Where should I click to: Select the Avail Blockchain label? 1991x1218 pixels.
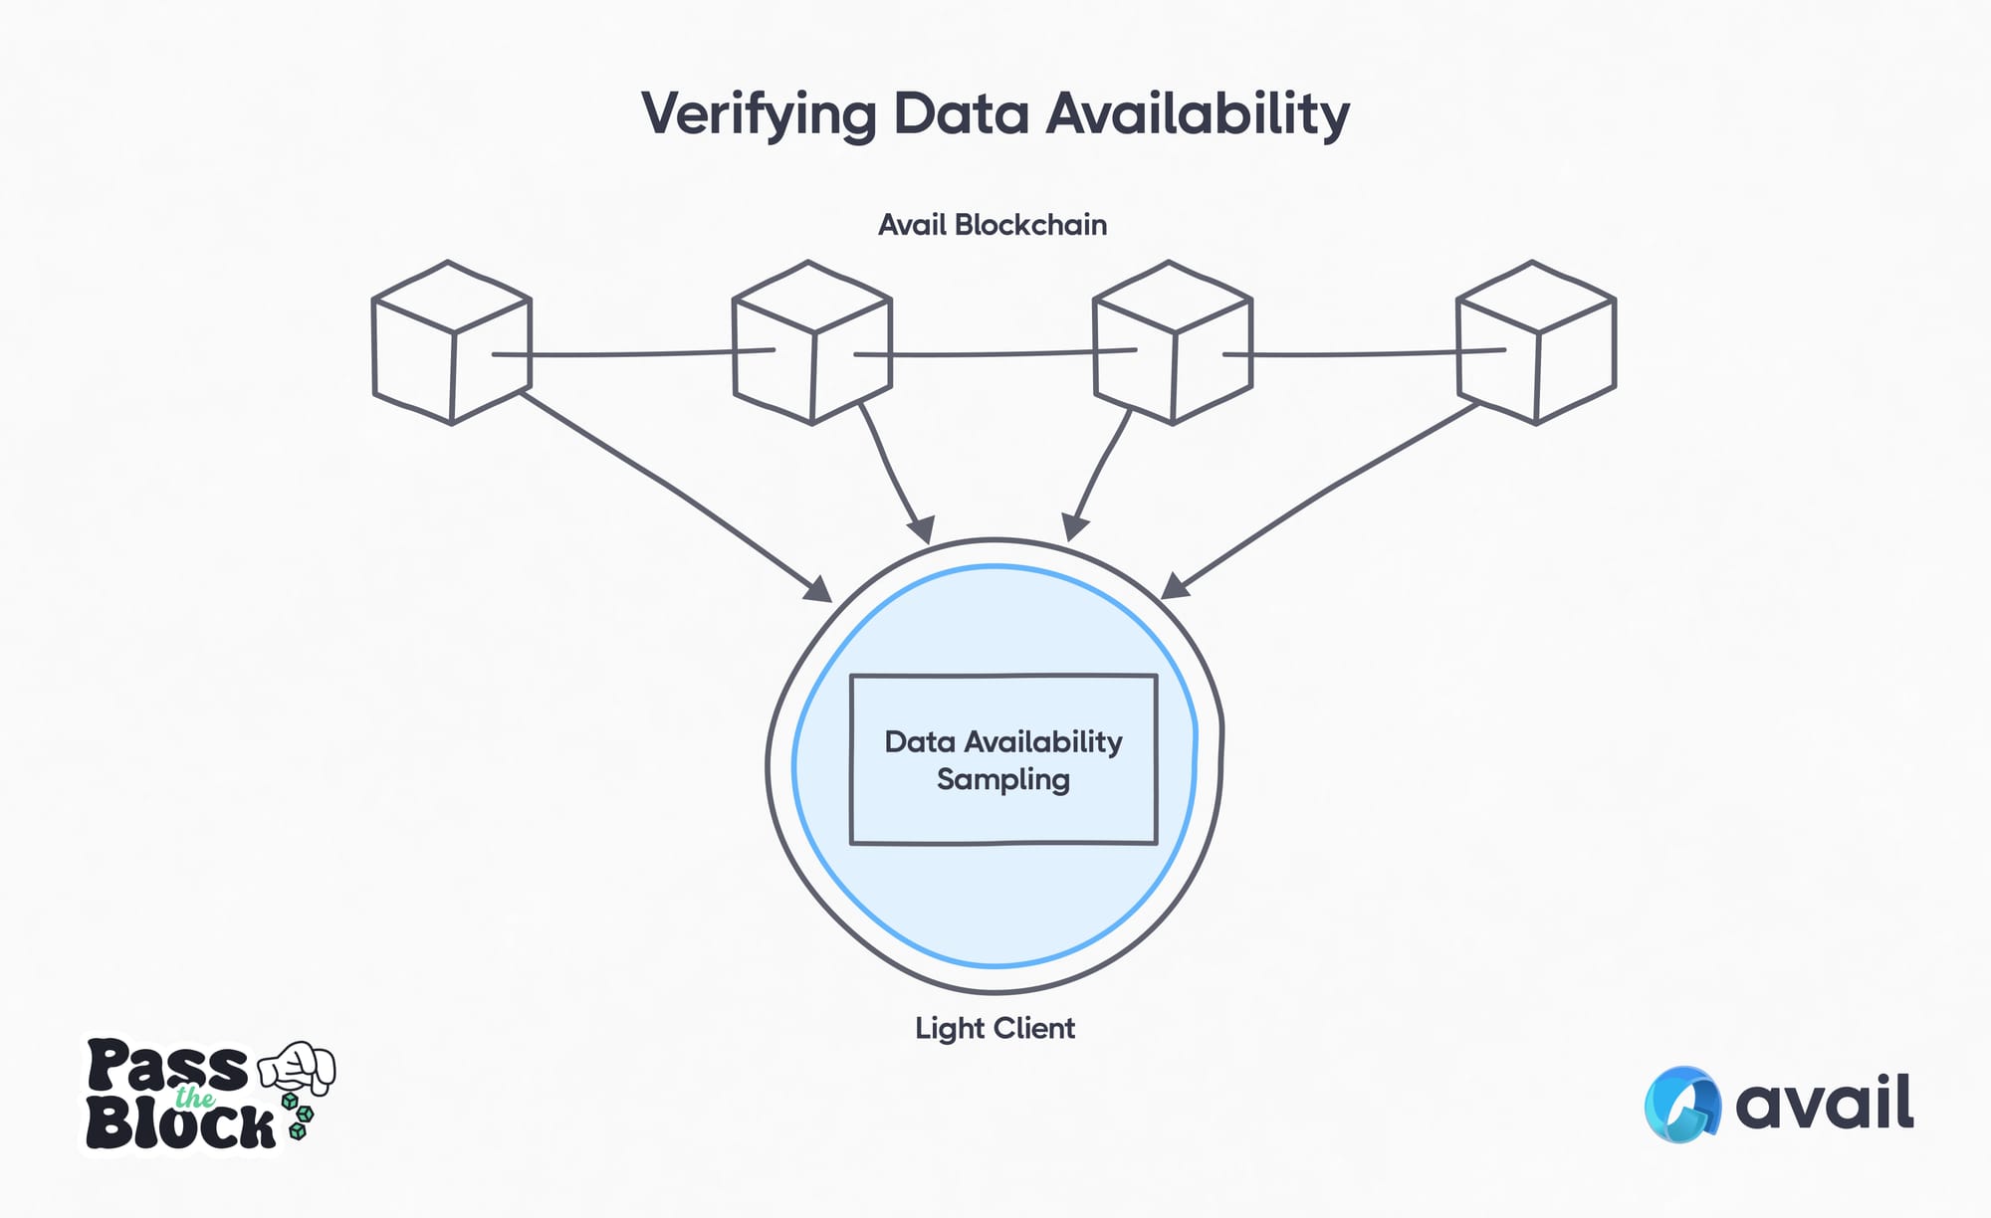pyautogui.click(x=993, y=225)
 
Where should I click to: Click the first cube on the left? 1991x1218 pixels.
pyautogui.click(x=451, y=343)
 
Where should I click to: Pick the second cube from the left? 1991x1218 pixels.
pyautogui.click(x=811, y=343)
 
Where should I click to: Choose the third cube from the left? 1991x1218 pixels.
pyautogui.click(x=1172, y=343)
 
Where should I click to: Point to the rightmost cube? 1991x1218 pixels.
pyautogui.click(x=1535, y=343)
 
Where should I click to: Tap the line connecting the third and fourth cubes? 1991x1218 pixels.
pyautogui.click(x=1364, y=353)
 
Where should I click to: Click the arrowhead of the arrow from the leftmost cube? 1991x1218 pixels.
pyautogui.click(x=819, y=589)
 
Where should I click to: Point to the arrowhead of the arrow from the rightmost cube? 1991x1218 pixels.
pyautogui.click(x=1175, y=586)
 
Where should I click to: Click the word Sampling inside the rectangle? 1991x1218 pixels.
pyautogui.click(x=1002, y=779)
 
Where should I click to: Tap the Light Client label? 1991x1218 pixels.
pyautogui.click(x=995, y=1028)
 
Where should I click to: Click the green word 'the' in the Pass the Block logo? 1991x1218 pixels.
pyautogui.click(x=194, y=1098)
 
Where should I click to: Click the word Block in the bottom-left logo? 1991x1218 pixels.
pyautogui.click(x=179, y=1125)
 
